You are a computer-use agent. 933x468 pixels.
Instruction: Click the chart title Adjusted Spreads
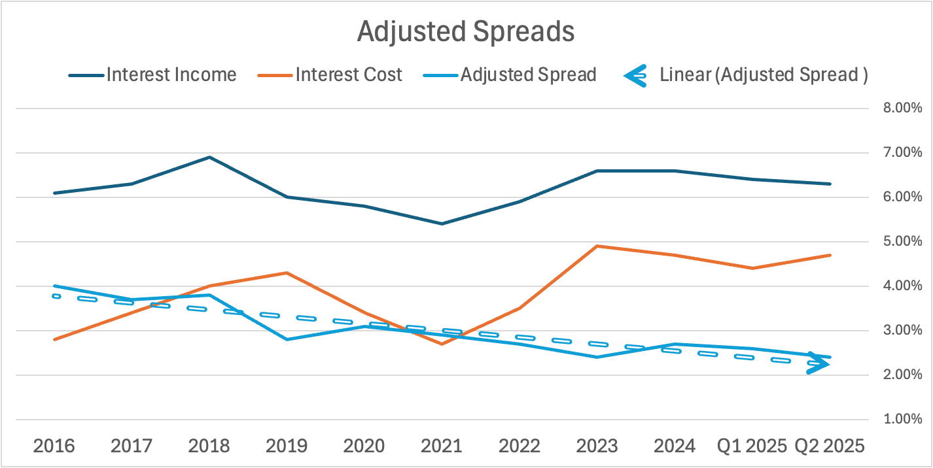[x=466, y=31]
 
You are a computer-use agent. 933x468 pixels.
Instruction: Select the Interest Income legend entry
[x=171, y=75]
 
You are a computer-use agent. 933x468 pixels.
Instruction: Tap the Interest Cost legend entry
[x=348, y=75]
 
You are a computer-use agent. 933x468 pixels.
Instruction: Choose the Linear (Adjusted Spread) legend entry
[x=763, y=75]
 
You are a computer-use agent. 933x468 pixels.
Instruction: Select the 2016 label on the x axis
[x=54, y=446]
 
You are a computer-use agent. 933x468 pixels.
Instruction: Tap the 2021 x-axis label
[x=442, y=446]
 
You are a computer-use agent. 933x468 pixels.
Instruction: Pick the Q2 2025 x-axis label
[x=830, y=446]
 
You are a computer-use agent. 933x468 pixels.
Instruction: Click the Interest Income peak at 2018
[x=209, y=157]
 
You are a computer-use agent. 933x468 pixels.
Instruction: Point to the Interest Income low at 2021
[x=442, y=224]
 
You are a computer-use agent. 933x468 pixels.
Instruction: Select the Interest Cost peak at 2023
[x=597, y=246]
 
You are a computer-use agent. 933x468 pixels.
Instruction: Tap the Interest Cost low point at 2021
[x=442, y=344]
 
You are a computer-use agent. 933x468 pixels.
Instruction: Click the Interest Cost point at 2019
[x=287, y=273]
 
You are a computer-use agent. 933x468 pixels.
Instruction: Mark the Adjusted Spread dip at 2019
[x=287, y=339]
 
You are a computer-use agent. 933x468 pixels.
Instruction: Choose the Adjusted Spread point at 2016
[x=54, y=286]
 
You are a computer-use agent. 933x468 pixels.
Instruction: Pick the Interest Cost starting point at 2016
[x=54, y=339]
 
